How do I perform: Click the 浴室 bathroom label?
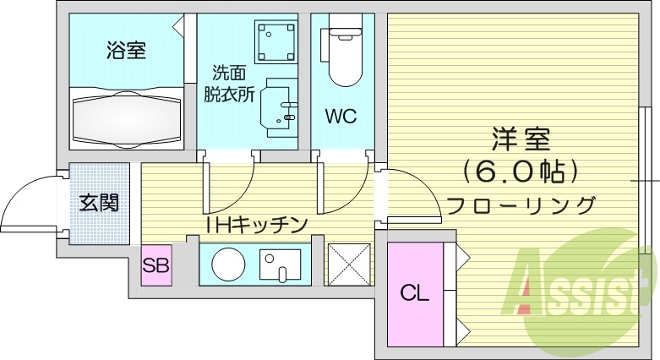click(x=127, y=51)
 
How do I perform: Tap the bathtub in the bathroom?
click(x=127, y=118)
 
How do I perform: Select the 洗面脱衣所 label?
click(x=229, y=84)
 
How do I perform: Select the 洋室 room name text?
click(x=521, y=138)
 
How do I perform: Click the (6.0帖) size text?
click(x=521, y=171)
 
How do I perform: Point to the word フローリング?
click(x=521, y=205)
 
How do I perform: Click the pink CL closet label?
click(x=414, y=293)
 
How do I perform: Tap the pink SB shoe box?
click(x=156, y=265)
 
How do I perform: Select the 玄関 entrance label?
click(x=99, y=203)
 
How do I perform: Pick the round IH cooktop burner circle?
click(x=226, y=265)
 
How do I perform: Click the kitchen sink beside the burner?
click(x=280, y=265)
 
